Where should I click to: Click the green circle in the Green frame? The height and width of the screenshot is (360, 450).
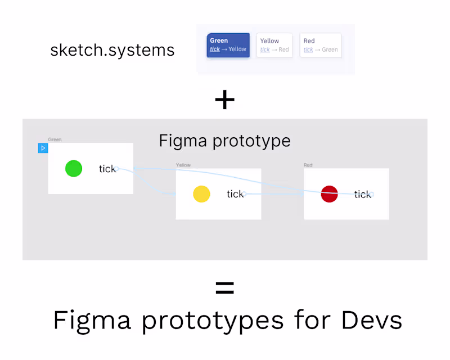[74, 169]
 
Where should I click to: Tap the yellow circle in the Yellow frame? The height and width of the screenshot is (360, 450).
[201, 194]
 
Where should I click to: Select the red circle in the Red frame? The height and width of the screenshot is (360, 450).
[329, 194]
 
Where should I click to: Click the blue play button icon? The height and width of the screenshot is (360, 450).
[43, 148]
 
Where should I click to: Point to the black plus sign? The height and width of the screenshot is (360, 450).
[224, 100]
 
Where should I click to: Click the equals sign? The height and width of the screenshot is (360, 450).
[224, 287]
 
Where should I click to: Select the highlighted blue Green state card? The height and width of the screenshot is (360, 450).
[228, 45]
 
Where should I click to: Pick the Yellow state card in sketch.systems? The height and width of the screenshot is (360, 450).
[274, 45]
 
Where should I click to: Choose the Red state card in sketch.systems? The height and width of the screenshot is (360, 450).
[321, 45]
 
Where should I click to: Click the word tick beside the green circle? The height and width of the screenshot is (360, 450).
[107, 169]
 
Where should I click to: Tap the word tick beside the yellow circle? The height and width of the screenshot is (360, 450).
[235, 194]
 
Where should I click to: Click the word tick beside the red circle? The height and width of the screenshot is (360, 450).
[362, 195]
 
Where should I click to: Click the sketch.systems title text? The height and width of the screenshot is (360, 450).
[112, 50]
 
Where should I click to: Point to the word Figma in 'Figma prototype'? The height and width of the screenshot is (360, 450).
[183, 142]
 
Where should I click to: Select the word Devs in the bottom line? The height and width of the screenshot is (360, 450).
[372, 320]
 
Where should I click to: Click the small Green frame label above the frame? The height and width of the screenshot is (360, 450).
[55, 139]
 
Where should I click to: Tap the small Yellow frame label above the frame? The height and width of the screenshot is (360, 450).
[183, 165]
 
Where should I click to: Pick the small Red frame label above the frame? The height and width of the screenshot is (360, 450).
[308, 165]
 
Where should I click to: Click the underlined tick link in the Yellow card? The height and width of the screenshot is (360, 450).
[265, 49]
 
